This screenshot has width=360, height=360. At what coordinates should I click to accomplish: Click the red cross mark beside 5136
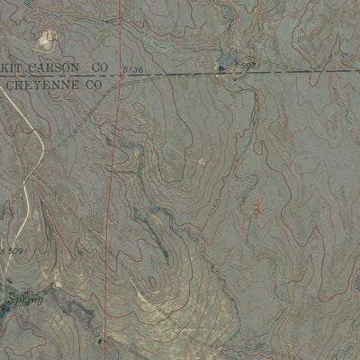pyautogui.click(x=121, y=76)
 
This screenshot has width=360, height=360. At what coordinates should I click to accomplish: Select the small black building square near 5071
pyautogui.click(x=221, y=68)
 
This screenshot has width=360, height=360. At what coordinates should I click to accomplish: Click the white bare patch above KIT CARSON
pyautogui.click(x=43, y=40)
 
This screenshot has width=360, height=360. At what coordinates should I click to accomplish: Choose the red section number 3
pyautogui.click(x=258, y=208)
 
